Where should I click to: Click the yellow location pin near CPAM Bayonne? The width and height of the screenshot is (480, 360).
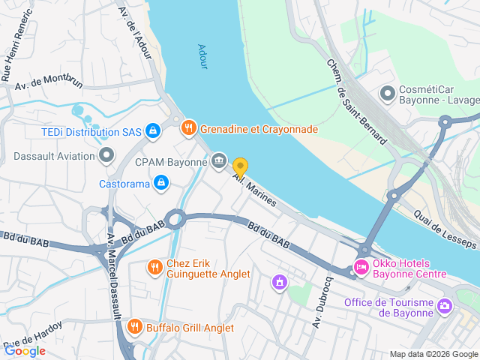240,166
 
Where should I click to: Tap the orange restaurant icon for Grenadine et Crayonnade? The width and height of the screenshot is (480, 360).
188,129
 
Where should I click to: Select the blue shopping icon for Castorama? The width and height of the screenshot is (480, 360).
160,183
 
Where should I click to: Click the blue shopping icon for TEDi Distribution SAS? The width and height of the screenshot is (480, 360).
153,132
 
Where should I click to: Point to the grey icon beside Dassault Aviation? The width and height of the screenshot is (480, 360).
106,156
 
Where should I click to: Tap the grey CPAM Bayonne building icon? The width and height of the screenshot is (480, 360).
219,160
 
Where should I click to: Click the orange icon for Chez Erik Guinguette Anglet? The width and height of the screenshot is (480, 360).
154,267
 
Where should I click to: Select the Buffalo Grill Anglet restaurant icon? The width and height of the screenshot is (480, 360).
134,326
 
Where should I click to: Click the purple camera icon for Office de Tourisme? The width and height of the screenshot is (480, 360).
445,305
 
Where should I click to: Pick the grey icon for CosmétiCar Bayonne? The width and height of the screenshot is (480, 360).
387,94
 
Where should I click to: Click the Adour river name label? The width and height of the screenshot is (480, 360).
202,57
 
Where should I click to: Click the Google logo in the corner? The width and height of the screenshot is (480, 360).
25,349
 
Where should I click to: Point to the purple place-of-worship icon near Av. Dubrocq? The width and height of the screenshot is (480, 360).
280,282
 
